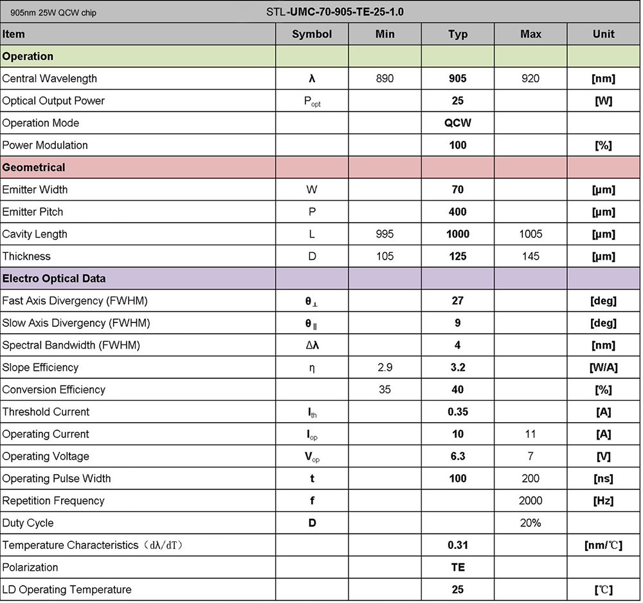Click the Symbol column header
(x=312, y=34)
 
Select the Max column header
(x=530, y=34)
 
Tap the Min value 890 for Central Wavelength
(x=385, y=79)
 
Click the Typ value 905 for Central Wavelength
(x=458, y=79)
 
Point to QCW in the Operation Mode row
(x=458, y=123)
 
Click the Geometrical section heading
(x=34, y=167)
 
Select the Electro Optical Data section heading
(x=54, y=279)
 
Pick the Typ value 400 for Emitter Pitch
(x=458, y=212)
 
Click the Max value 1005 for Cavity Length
(x=530, y=234)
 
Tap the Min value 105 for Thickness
(x=385, y=256)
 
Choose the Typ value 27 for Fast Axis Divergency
(x=458, y=301)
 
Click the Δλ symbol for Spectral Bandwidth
(x=312, y=346)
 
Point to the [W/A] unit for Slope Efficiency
(x=603, y=367)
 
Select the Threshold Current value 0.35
(x=458, y=412)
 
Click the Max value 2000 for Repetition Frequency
(x=530, y=501)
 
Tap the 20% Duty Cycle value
(x=530, y=523)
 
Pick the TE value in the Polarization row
(x=458, y=568)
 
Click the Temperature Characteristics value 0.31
(x=458, y=545)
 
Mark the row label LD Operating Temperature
(x=67, y=589)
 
